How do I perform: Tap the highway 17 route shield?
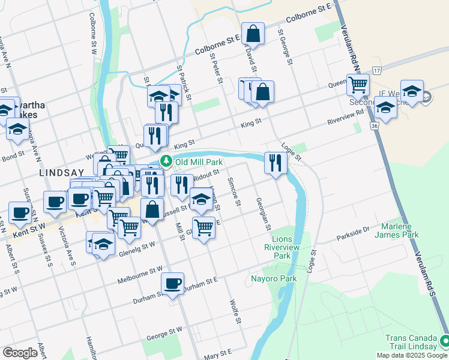tap(376, 70)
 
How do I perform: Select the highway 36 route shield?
tap(373, 127)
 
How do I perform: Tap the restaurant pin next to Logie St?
tap(275, 163)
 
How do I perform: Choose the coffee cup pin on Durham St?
tap(172, 283)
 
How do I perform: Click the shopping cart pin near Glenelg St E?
tap(203, 228)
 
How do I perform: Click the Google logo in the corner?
tap(20, 353)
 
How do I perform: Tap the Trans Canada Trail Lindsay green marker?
tap(444, 341)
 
